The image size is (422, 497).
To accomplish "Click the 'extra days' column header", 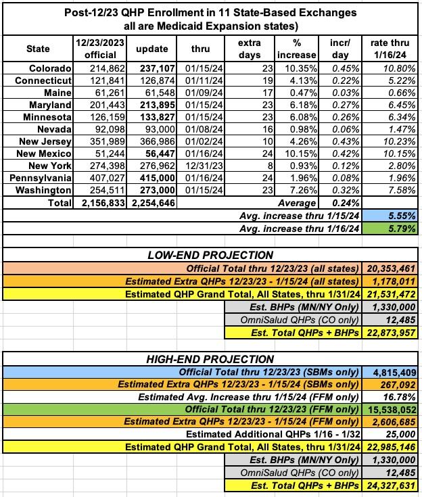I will tap(249, 49).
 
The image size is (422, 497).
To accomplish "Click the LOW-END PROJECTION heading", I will tap(210, 255).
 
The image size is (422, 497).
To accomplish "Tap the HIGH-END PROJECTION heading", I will tap(210, 359).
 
